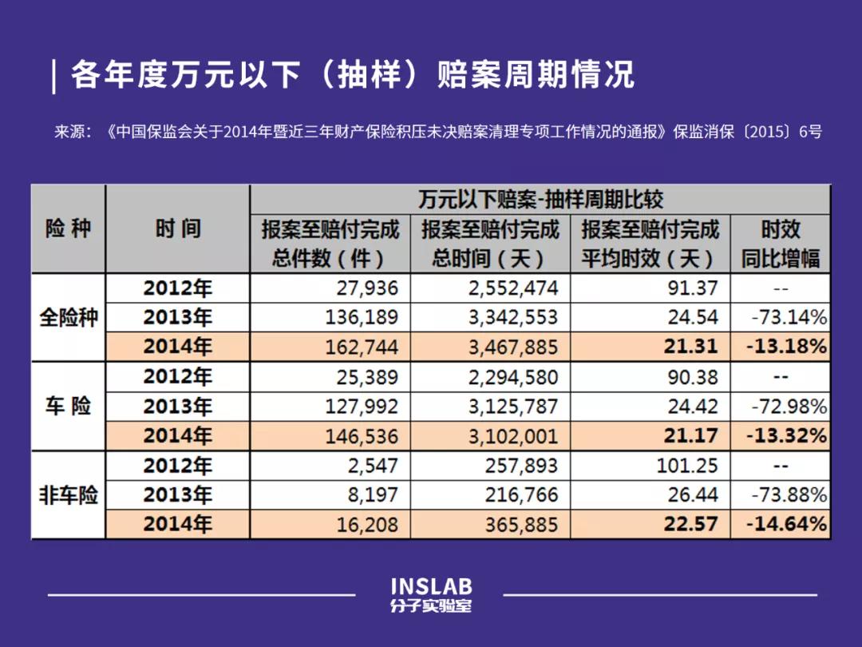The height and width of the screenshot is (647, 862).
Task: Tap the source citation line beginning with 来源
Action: coord(437,132)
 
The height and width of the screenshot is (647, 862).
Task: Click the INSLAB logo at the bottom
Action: coord(431,595)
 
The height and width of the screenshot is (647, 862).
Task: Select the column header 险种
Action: coord(68,229)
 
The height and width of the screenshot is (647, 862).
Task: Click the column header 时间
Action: coord(177,229)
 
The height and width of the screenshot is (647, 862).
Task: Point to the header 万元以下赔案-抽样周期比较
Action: coord(540,199)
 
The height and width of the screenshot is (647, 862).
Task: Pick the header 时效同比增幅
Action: coord(780,244)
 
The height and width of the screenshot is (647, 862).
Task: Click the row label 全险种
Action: coord(68,318)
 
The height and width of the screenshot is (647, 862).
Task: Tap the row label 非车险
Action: coord(68,495)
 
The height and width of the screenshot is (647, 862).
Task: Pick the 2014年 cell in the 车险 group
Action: coord(177,436)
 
